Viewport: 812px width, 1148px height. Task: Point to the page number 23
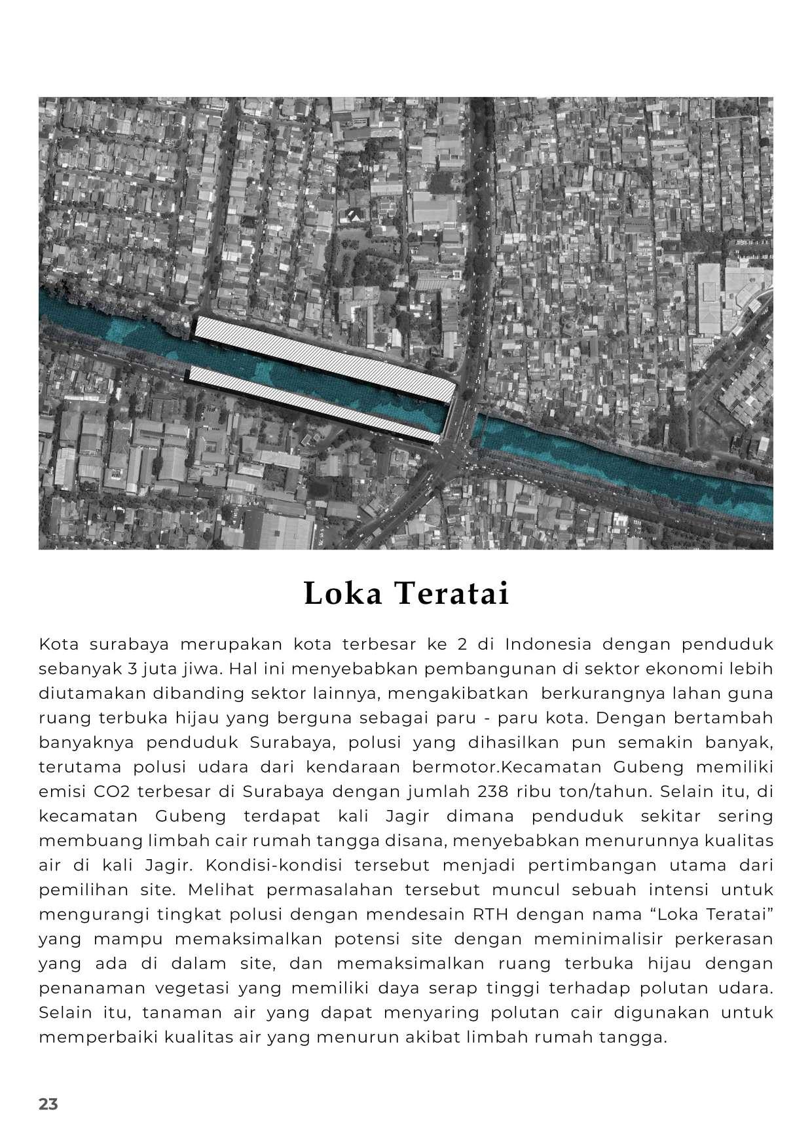(x=48, y=1104)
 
